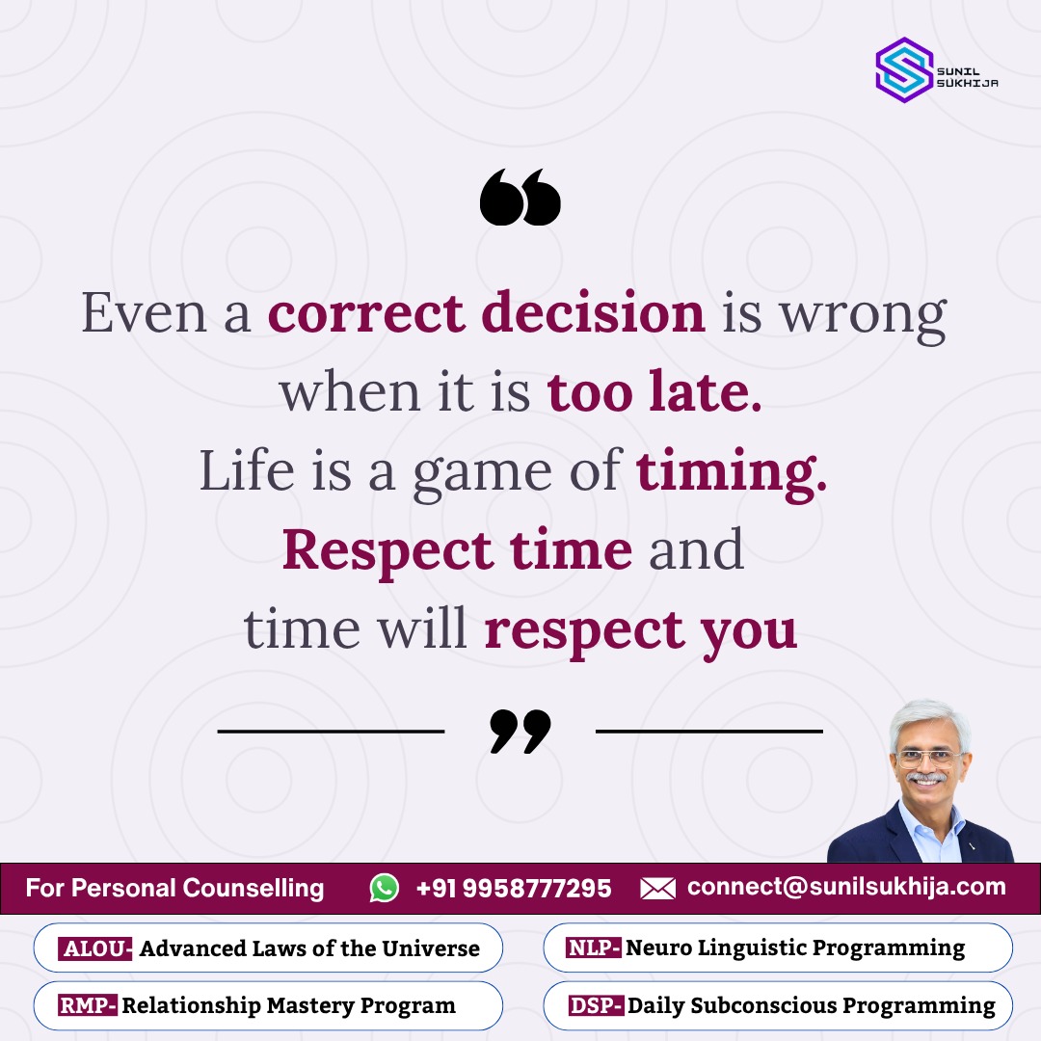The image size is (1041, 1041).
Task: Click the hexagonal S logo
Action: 903,69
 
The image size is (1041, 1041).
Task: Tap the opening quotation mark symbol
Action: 520,198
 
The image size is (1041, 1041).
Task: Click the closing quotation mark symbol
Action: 520,731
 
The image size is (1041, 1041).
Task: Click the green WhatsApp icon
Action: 385,888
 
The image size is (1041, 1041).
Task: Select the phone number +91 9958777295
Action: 514,888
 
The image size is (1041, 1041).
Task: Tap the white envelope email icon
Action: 657,888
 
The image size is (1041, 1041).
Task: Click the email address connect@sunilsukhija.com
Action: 846,887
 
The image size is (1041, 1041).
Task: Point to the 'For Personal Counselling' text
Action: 174,888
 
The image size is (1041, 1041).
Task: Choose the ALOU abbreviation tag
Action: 94,948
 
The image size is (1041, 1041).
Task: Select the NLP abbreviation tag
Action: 594,948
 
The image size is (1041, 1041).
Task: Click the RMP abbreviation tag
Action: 88,1006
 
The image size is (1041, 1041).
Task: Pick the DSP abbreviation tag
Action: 593,1006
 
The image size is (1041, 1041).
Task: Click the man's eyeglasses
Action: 929,757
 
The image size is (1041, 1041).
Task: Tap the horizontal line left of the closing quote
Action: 331,732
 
